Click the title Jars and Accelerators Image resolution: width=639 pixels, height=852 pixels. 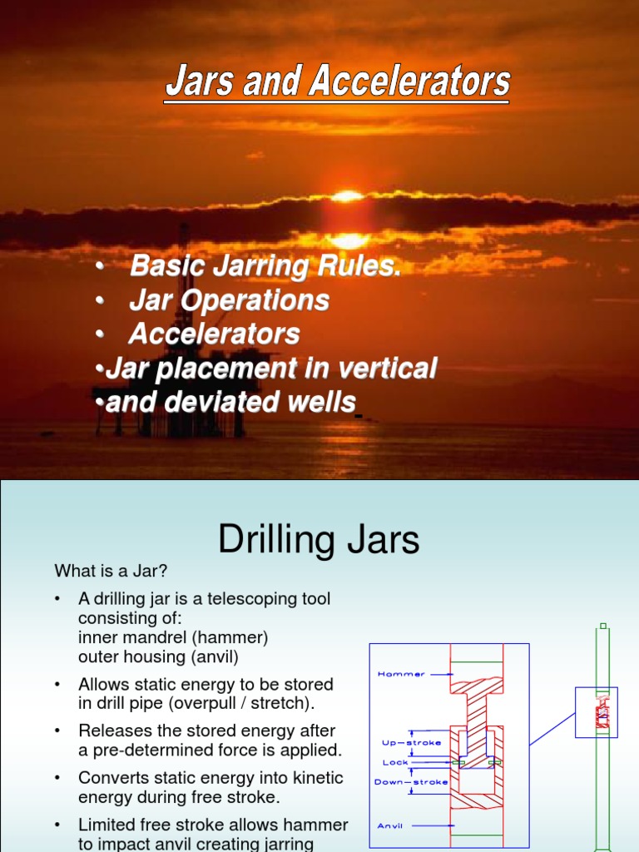[337, 83]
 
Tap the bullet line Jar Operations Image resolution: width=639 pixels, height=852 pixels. [229, 300]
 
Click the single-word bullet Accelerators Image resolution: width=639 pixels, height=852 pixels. [214, 334]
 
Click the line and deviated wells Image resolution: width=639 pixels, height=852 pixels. [230, 403]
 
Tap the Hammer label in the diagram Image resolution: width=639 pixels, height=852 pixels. [401, 674]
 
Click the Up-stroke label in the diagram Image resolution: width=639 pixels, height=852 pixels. [412, 742]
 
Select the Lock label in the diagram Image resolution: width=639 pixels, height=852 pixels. [395, 761]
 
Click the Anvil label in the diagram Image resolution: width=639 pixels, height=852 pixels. [390, 825]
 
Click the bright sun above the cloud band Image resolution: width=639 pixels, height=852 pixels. [348, 196]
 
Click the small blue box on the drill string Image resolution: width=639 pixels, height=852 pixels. [597, 712]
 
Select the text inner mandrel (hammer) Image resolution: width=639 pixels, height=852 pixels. [173, 638]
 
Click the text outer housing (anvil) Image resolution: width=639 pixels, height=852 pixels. [158, 657]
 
